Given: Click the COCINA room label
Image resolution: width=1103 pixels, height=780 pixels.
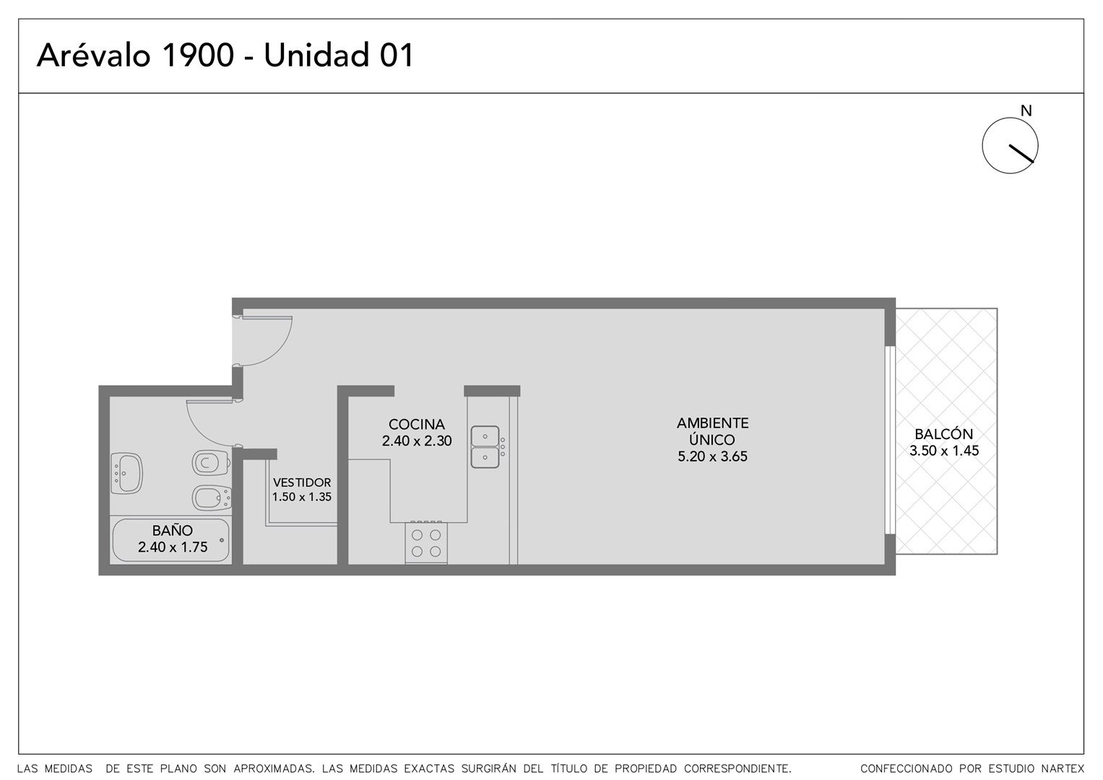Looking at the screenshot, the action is pyautogui.click(x=416, y=424).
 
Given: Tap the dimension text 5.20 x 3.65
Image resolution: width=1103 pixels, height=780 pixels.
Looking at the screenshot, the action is pyautogui.click(x=712, y=456).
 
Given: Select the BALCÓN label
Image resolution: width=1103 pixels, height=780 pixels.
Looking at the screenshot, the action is pyautogui.click(x=943, y=434).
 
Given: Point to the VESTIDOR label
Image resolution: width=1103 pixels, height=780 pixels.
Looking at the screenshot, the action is pyautogui.click(x=302, y=482).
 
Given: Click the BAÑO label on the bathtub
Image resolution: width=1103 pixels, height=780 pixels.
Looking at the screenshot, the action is pyautogui.click(x=173, y=530).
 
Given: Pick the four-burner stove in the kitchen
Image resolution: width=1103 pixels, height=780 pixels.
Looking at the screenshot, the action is pyautogui.click(x=426, y=542).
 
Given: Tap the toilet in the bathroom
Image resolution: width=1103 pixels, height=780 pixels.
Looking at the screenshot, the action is pyautogui.click(x=211, y=462).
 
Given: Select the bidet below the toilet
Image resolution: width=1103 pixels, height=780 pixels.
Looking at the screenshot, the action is pyautogui.click(x=212, y=498).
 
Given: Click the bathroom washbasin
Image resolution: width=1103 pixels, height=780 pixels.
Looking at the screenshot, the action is pyautogui.click(x=126, y=473).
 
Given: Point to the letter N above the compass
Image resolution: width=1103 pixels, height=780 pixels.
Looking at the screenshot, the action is pyautogui.click(x=1026, y=111).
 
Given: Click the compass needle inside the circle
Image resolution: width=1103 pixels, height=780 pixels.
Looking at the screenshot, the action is pyautogui.click(x=1021, y=153).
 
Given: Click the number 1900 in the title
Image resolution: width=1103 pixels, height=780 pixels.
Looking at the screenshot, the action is pyautogui.click(x=197, y=55).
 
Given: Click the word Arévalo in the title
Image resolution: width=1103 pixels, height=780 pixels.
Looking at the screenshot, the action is pyautogui.click(x=94, y=54).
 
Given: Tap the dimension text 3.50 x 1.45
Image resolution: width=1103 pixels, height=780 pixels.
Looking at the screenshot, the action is pyautogui.click(x=943, y=451).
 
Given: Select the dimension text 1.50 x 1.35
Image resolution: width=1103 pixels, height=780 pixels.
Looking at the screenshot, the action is pyautogui.click(x=302, y=496).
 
